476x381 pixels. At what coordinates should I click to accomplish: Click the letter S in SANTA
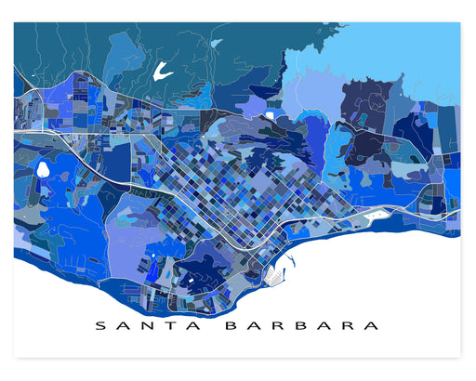click(100, 326)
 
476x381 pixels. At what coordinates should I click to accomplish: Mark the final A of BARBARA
click(373, 326)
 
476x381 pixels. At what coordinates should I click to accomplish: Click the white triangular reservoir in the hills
click(164, 70)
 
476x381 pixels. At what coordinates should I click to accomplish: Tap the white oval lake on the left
click(43, 170)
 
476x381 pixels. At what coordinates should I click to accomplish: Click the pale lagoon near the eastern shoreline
click(378, 215)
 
